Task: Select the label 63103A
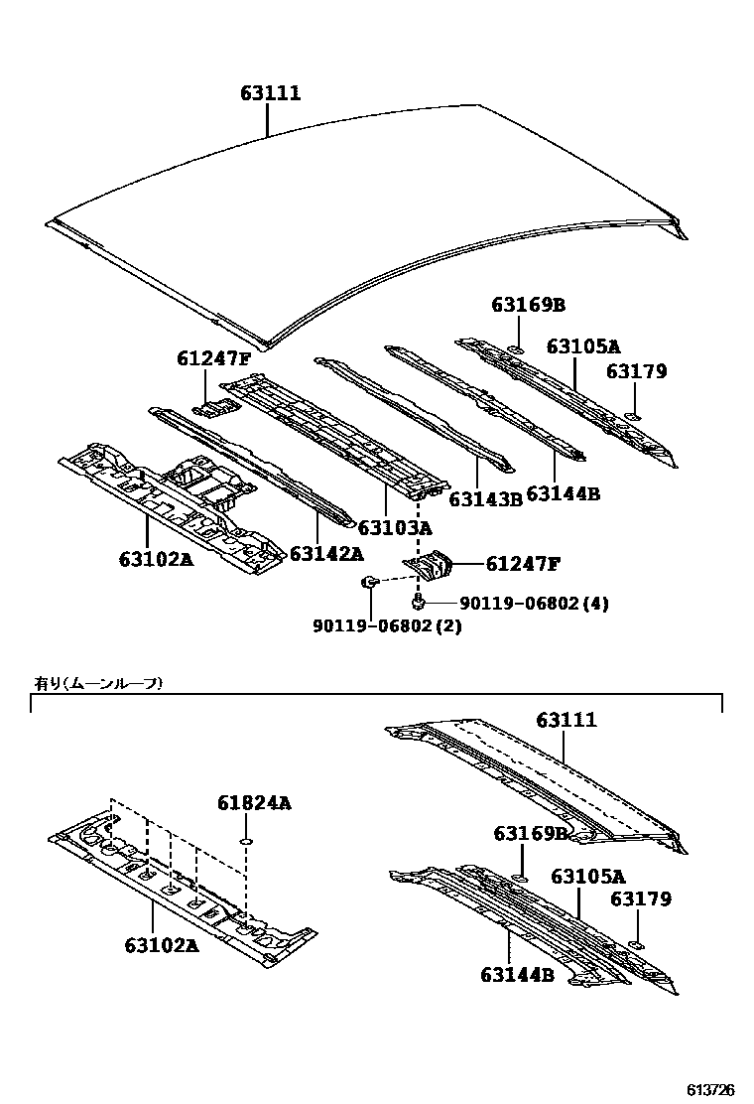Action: [395, 526]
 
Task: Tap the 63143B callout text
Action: [485, 499]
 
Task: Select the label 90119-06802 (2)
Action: [388, 625]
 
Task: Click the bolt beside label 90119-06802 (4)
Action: [420, 601]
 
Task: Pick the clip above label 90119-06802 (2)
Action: [368, 583]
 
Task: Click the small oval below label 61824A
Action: [244, 843]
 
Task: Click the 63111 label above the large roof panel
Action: [270, 93]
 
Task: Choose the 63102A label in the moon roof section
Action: [162, 945]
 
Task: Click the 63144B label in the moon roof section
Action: [517, 975]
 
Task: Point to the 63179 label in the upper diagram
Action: [638, 372]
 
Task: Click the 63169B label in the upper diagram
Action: [527, 305]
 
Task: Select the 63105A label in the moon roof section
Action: [588, 876]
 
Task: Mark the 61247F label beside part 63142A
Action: [214, 358]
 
